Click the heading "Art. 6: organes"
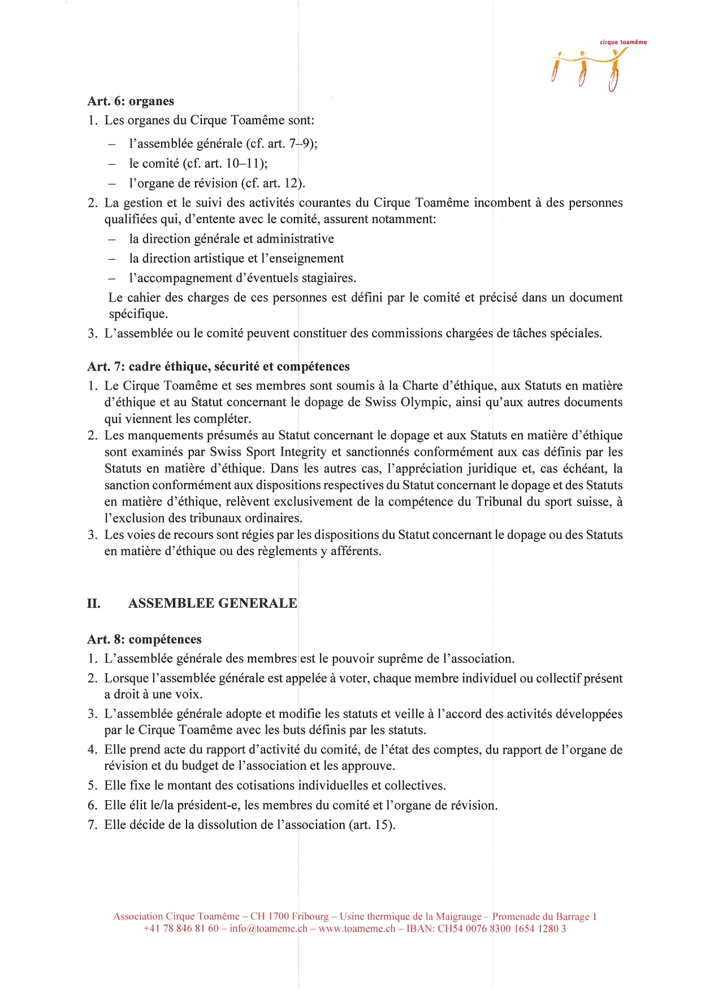coord(131,101)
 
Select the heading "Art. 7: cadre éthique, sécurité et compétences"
coord(218,367)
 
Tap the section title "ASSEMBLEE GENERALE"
coord(213,603)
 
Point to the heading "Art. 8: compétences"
coord(144,639)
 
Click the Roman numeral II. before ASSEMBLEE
coord(94,603)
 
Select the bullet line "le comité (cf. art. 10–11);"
coord(198,163)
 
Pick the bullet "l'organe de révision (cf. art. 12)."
coord(217,183)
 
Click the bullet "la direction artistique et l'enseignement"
coord(236,258)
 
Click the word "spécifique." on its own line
coord(138,313)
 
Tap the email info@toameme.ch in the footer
coord(269,928)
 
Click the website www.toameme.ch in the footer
coord(357,928)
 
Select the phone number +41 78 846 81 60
coord(181,928)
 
